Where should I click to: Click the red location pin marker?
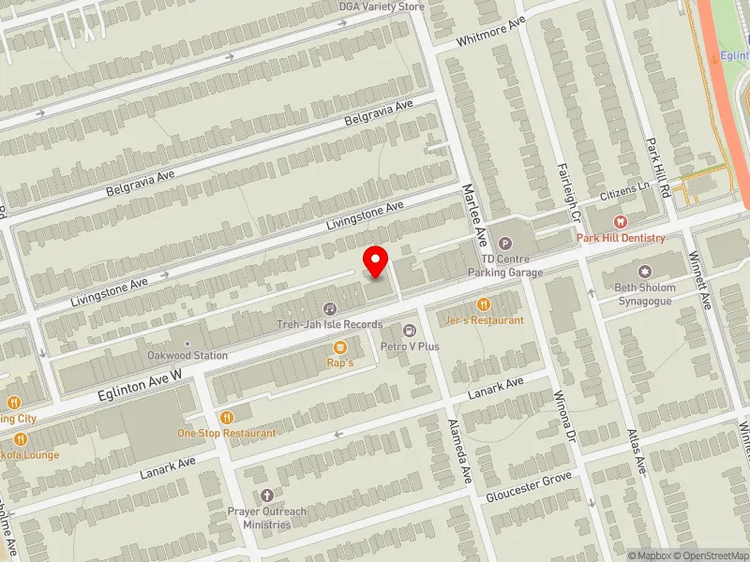tap(376, 261)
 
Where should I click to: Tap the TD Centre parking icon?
tap(504, 244)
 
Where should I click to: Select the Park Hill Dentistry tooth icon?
tap(619, 222)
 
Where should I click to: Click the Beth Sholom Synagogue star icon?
tap(644, 273)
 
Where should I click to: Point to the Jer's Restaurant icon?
tap(484, 303)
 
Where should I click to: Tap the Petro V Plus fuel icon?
tap(410, 330)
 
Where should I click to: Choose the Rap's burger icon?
tap(339, 347)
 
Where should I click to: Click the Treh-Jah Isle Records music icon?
tap(330, 308)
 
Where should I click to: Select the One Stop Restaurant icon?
tap(226, 418)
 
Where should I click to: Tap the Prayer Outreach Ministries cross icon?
tap(266, 495)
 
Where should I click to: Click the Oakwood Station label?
tap(187, 356)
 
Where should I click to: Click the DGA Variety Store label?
tap(382, 7)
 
